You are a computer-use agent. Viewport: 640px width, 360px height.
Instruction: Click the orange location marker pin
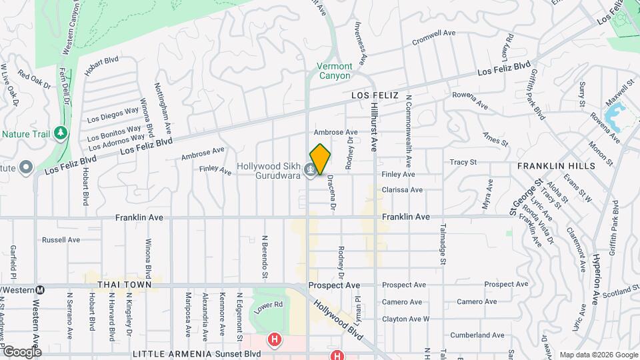321,159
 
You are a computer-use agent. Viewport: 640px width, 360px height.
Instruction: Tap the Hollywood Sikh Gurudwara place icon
310,171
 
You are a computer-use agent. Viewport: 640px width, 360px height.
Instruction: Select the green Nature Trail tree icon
61,133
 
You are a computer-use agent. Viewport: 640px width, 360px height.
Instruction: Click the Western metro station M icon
41,290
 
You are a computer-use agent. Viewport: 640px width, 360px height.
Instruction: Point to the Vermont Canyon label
333,71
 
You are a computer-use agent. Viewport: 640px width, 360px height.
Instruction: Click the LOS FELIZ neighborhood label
375,96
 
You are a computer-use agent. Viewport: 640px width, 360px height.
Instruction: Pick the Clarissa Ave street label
402,190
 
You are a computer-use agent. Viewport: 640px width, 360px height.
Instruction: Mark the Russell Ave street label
61,239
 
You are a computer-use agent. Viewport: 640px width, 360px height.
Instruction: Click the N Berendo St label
265,256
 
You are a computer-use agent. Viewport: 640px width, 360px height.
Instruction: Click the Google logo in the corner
22,352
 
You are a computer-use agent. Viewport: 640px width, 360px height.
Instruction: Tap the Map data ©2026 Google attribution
597,355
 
